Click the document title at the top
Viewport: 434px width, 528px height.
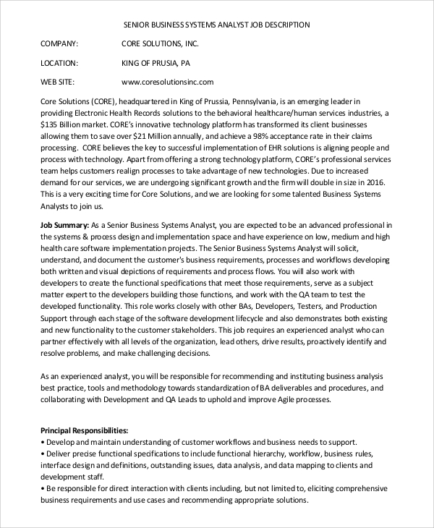coord(217,25)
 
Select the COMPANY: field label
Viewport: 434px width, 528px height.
coord(59,44)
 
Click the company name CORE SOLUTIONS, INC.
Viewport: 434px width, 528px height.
coord(160,44)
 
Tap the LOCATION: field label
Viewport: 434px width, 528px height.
coord(59,63)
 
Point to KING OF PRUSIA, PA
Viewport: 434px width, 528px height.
coord(156,63)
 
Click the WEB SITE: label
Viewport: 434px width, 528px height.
coord(57,82)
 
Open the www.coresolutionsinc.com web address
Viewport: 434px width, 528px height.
coord(168,82)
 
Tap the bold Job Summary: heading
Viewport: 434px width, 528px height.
coord(64,226)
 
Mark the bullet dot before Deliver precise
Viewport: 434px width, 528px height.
coord(43,454)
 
